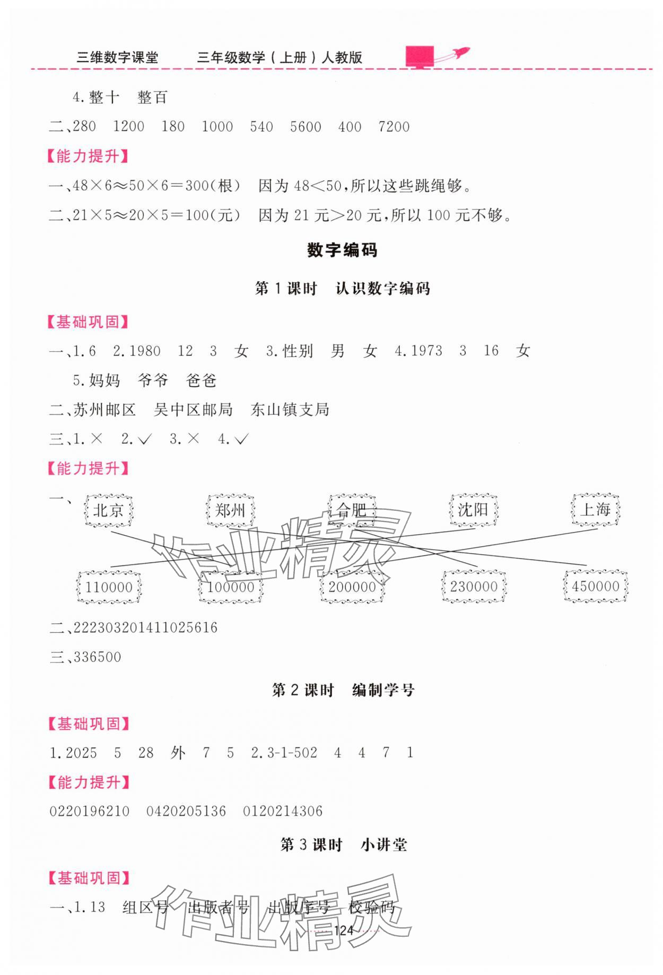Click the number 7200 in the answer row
(394, 127)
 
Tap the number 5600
(306, 127)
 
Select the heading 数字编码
(342, 250)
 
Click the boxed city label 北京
(109, 510)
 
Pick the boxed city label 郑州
(230, 510)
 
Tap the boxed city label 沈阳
(473, 510)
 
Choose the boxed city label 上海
(595, 510)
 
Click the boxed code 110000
(109, 587)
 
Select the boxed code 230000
(474, 587)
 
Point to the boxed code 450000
(596, 587)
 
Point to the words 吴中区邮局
(193, 410)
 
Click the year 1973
(426, 351)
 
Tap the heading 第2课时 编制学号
(343, 690)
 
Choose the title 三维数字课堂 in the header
(117, 57)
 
